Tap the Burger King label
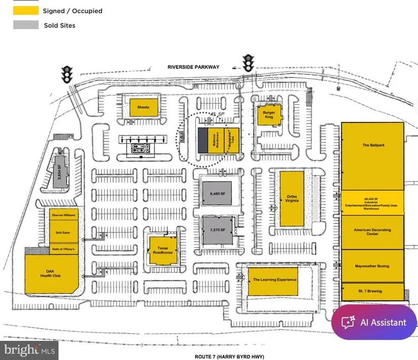268,115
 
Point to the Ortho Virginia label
291,198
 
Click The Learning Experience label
275,280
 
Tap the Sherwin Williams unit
63,215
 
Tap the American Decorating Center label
372,232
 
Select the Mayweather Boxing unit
372,266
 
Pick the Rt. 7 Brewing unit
372,291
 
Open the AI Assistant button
374,322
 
